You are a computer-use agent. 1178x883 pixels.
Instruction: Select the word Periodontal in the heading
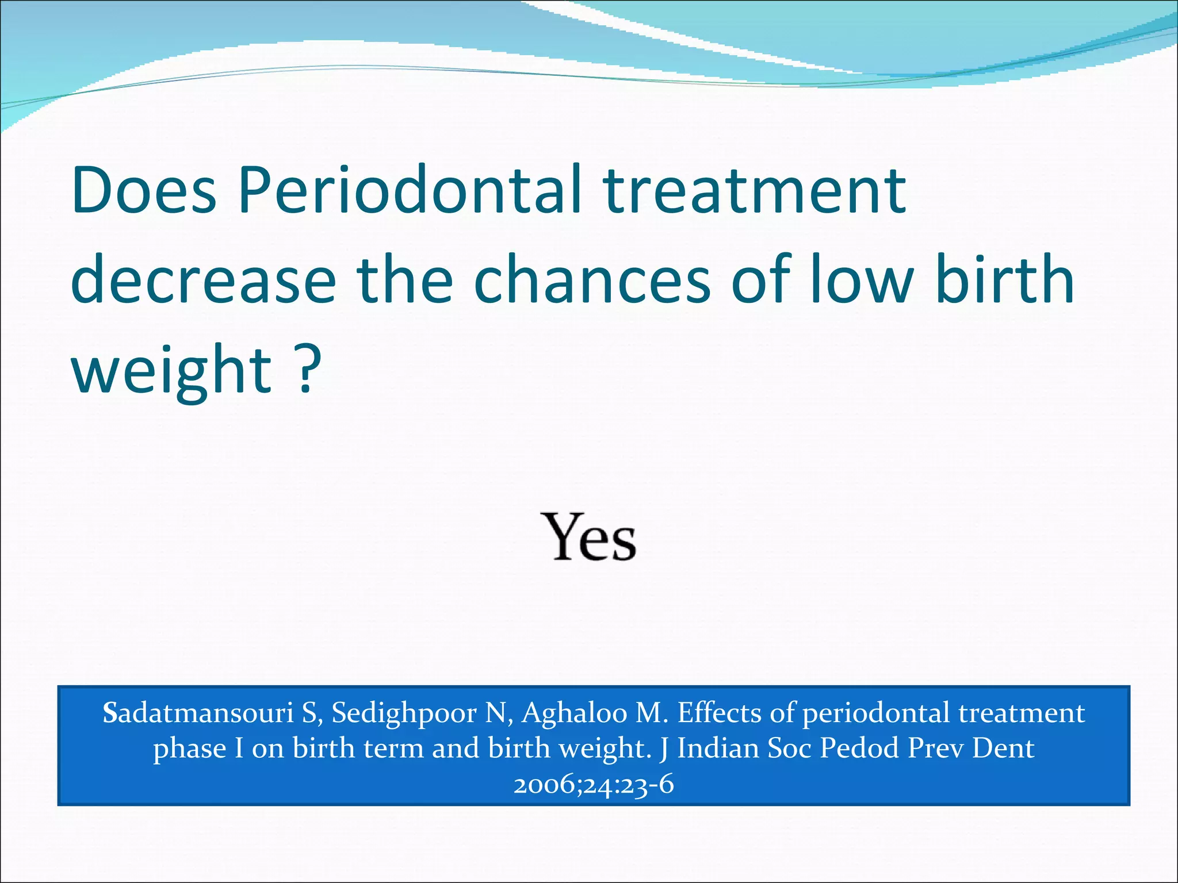[410, 190]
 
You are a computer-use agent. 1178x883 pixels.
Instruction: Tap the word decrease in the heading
[202, 280]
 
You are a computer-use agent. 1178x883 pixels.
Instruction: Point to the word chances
[592, 280]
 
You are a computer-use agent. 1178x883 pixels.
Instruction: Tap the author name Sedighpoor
[404, 714]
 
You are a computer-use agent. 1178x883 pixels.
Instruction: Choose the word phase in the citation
[189, 749]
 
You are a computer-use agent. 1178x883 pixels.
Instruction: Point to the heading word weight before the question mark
[171, 371]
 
